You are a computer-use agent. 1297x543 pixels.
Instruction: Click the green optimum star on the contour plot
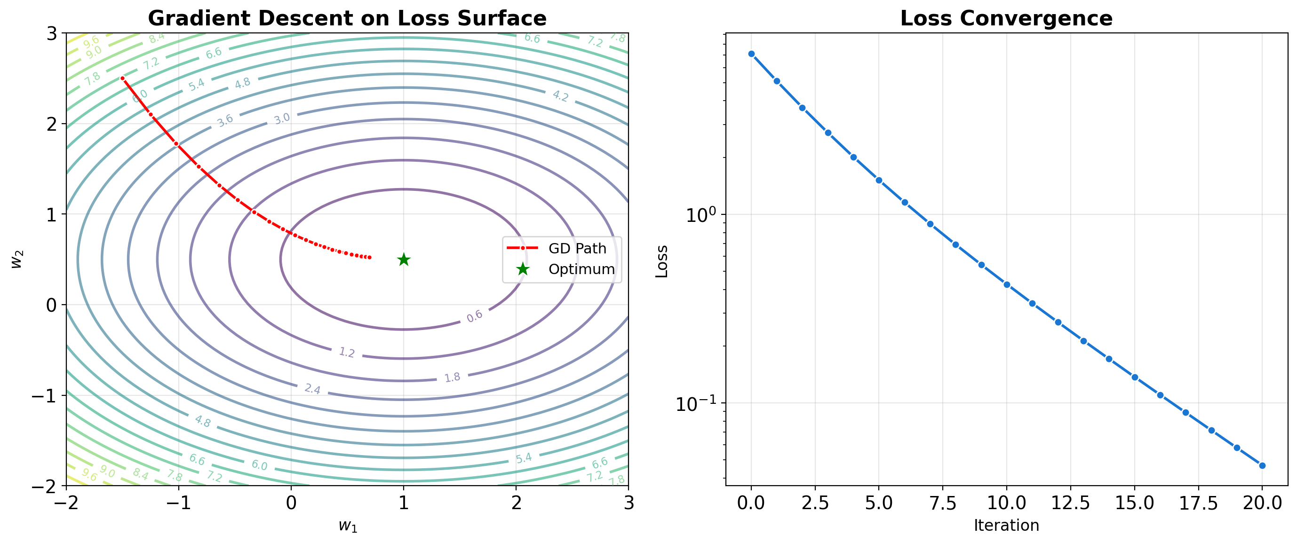[x=403, y=260]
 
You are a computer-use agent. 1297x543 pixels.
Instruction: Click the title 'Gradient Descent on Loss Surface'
[x=347, y=18]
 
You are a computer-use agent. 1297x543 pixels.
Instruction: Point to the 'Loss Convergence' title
[x=1006, y=18]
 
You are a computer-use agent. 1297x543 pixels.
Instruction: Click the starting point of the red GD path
[x=122, y=79]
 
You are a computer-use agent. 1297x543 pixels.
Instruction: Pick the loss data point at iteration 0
[x=751, y=54]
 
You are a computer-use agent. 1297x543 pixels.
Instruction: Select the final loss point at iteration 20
[x=1262, y=465]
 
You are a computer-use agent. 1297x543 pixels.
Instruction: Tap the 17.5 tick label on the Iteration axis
[x=1198, y=503]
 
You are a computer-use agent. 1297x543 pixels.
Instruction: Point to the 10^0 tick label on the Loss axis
[x=700, y=215]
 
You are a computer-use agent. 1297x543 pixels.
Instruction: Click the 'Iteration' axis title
[x=1006, y=526]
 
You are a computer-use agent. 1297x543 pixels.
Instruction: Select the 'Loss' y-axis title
[x=661, y=261]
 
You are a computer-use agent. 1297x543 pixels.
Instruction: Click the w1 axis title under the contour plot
[x=347, y=526]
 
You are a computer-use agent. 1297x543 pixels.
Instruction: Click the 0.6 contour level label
[x=474, y=316]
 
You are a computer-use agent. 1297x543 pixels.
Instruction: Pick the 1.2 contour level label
[x=346, y=352]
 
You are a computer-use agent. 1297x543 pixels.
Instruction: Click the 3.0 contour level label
[x=282, y=119]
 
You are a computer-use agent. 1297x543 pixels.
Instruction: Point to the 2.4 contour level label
[x=312, y=389]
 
